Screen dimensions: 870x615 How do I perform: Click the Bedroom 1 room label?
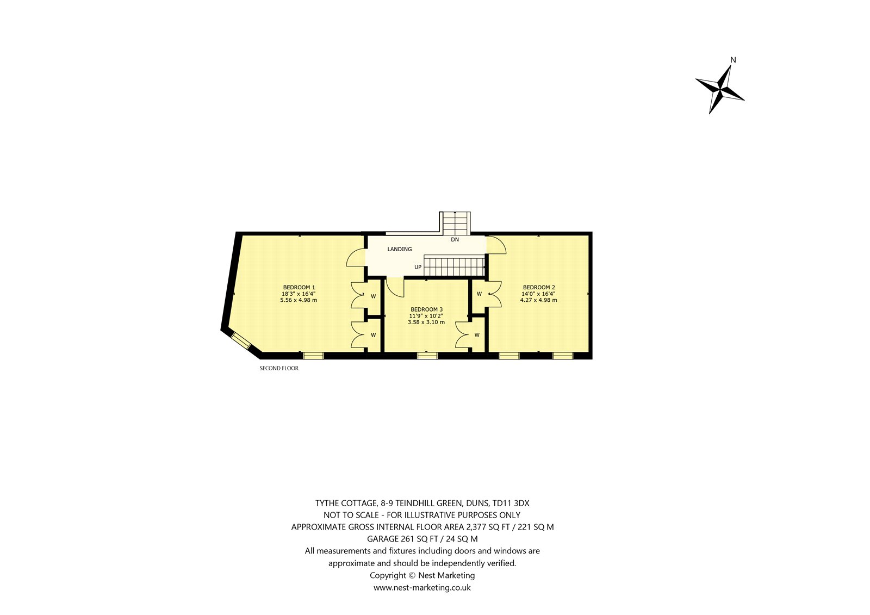[x=299, y=288]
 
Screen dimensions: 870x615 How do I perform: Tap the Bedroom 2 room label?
[x=539, y=288]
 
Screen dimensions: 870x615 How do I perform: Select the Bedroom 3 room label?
[x=426, y=309]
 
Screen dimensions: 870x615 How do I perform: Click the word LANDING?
[x=399, y=249]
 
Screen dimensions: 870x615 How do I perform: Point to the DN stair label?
[x=455, y=240]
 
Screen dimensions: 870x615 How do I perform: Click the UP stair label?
[x=418, y=267]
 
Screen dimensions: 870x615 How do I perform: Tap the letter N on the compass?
[x=734, y=60]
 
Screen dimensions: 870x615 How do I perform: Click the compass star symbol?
[x=720, y=89]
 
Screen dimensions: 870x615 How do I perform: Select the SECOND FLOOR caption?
[x=279, y=368]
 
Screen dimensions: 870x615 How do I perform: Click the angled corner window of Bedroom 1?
[x=241, y=341]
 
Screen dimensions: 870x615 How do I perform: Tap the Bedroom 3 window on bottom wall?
[x=427, y=356]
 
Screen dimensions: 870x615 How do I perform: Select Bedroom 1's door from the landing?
[x=356, y=258]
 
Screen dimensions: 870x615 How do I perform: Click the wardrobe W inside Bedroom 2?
[x=479, y=294]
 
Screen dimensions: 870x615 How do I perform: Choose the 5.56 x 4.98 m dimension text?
[x=299, y=300]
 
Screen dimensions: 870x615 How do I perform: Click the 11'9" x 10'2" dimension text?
[x=426, y=316]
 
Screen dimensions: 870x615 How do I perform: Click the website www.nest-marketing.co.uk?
[x=422, y=587]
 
